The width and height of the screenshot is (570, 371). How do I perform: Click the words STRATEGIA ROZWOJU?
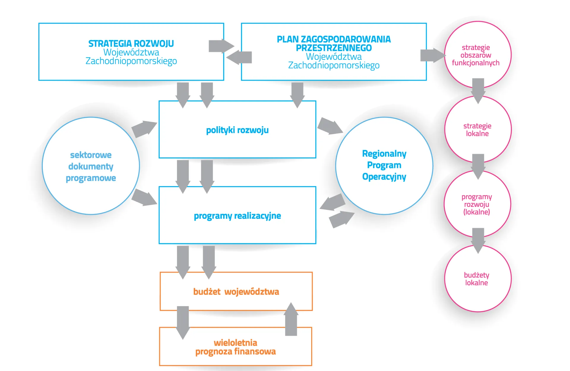coord(131,44)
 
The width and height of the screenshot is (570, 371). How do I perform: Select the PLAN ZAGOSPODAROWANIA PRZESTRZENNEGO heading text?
coord(334,43)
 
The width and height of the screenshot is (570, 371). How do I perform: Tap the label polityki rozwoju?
coord(237,130)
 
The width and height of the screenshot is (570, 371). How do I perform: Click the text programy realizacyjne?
coord(237,216)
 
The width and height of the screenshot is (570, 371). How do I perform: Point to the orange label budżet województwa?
coord(236,292)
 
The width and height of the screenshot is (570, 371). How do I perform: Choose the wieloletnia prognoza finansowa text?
coord(235,347)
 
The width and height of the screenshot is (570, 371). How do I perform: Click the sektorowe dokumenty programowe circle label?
coord(91,166)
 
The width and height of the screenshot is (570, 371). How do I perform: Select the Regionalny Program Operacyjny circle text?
coord(384,165)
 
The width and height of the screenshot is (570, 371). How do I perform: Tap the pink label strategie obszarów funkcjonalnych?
coord(476,55)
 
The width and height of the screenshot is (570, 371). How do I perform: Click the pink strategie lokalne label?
coord(477,130)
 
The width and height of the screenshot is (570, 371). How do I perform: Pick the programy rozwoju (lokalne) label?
coord(476,204)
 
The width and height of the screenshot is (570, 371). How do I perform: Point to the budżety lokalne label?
coord(476,279)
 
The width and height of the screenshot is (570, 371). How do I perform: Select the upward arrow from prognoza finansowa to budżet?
coord(291,320)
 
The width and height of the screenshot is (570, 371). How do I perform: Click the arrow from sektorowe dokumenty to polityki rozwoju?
coord(144,129)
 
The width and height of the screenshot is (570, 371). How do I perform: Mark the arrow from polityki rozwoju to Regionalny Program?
coord(330,126)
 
